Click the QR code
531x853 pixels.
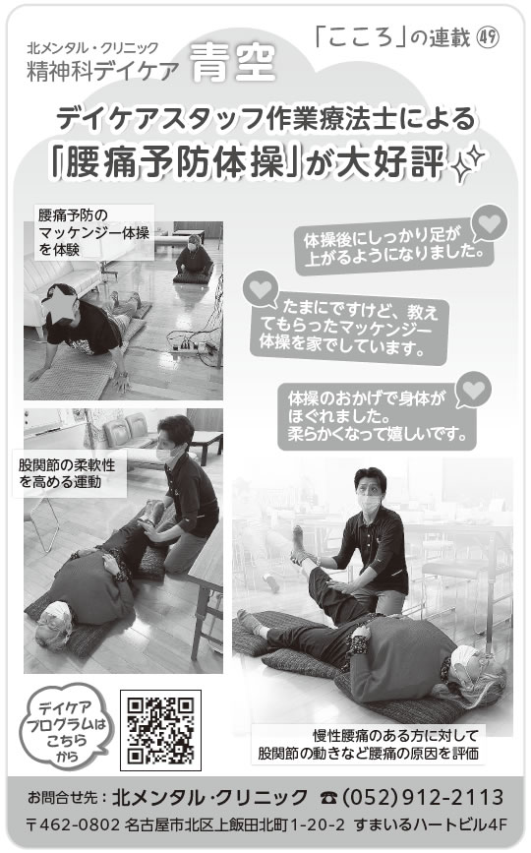coord(160,730)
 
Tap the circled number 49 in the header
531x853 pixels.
coord(488,37)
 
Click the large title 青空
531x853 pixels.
coord(233,63)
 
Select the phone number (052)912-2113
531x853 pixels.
coord(422,798)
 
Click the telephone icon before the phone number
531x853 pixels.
coord(329,798)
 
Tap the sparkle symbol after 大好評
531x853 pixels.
coord(468,162)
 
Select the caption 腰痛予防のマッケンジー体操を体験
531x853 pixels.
coord(93,232)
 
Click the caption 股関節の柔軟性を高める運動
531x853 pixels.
coord(67,473)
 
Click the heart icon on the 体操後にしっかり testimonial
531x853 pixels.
coord(489,222)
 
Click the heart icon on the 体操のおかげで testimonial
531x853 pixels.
coord(473,389)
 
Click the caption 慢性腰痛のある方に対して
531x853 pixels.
coord(395,736)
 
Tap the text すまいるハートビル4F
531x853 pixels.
coord(430,824)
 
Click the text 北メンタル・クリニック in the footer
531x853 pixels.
coord(209,798)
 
